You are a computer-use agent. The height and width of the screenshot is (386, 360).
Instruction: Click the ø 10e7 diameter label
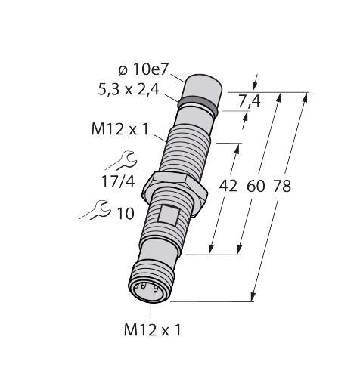pyautogui.click(x=143, y=69)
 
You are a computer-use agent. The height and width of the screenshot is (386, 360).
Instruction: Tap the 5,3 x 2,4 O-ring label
pyautogui.click(x=129, y=89)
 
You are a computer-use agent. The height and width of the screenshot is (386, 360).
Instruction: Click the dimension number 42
pyautogui.click(x=228, y=187)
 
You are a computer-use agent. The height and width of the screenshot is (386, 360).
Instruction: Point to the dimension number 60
pyautogui.click(x=256, y=187)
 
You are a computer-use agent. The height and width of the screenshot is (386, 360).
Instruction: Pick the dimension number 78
pyautogui.click(x=282, y=187)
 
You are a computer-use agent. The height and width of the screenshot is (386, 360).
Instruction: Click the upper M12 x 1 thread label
pyautogui.click(x=120, y=130)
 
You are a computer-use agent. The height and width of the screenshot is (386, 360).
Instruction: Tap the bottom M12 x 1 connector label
pyautogui.click(x=153, y=330)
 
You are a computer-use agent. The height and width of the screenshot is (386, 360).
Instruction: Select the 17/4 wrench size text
pyautogui.click(x=118, y=181)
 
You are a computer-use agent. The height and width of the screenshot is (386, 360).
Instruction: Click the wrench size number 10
pyautogui.click(x=126, y=214)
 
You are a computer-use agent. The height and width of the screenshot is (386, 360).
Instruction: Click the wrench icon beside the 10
pyautogui.click(x=95, y=210)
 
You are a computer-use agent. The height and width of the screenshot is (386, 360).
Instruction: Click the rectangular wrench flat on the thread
pyautogui.click(x=167, y=215)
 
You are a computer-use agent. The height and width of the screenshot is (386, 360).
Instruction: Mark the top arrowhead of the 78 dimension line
pyautogui.click(x=306, y=97)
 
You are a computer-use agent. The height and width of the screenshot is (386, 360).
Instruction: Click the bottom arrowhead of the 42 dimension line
pyautogui.click(x=211, y=249)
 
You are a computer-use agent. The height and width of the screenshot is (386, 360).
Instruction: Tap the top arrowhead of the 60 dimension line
pyautogui.click(x=278, y=97)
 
